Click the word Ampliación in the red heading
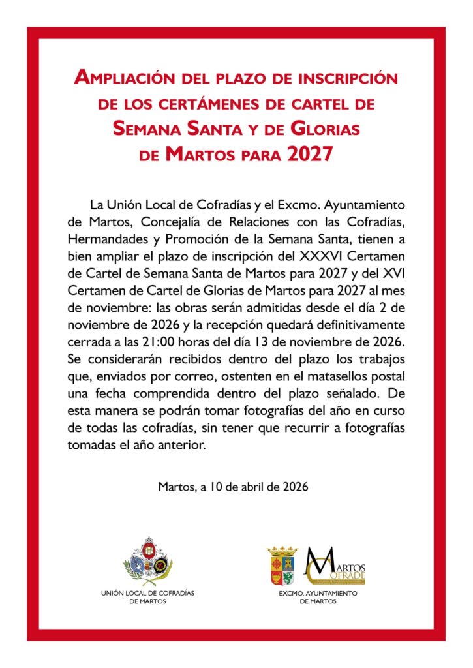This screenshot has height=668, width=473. click(x=121, y=78)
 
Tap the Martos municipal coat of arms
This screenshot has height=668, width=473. click(x=282, y=566)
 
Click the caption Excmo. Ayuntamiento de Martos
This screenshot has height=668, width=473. click(x=318, y=598)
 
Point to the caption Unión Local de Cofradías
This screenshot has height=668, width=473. click(x=148, y=598)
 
